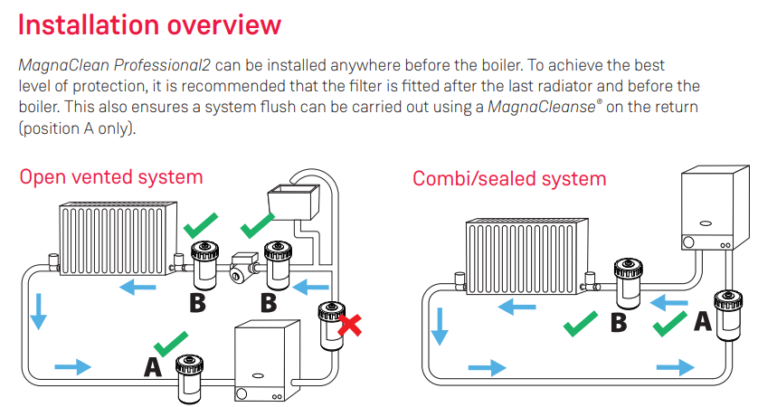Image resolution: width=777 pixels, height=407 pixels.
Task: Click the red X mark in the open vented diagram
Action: (349, 327)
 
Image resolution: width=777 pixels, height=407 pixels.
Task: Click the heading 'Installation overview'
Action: (149, 24)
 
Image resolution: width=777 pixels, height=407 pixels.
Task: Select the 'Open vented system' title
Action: (111, 177)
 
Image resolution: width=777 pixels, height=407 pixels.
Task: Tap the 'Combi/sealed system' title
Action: (509, 178)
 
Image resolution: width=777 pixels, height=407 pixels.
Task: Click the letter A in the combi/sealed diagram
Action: (702, 321)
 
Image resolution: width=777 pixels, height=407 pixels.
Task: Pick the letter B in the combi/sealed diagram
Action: (619, 323)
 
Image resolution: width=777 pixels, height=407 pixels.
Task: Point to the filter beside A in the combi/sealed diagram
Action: (729, 313)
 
